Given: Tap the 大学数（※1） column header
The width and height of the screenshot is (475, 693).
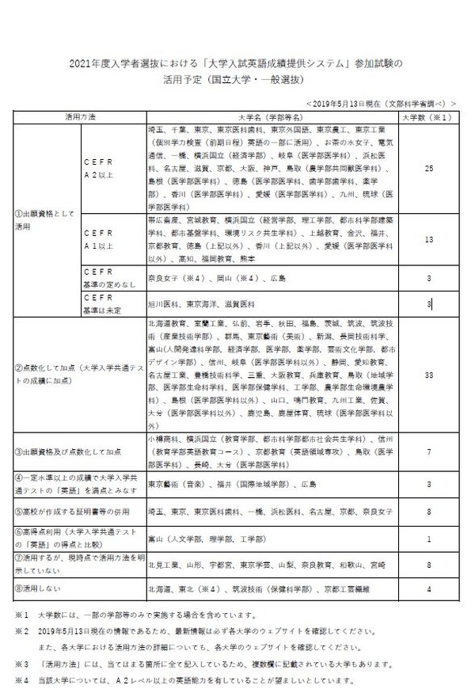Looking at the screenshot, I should [x=427, y=116].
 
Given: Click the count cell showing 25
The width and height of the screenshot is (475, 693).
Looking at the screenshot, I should [x=427, y=168].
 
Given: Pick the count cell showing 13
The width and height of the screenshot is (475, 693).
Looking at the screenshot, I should [x=427, y=238].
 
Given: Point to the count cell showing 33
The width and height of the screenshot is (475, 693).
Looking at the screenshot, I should [x=427, y=374].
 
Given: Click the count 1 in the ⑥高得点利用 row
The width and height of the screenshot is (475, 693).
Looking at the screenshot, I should [x=427, y=539].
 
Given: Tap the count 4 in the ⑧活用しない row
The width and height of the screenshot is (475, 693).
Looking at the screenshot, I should [x=427, y=589].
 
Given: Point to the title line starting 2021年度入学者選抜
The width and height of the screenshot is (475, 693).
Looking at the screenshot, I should [x=237, y=63].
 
